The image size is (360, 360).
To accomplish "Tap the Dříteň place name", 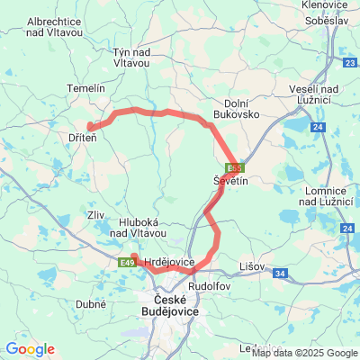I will pos(85,139).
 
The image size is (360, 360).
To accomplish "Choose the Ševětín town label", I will pos(230,181).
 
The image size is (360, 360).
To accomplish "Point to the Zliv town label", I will pos(95,216).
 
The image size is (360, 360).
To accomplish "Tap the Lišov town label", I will pos(253,266).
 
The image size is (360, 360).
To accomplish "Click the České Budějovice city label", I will pos(176,305).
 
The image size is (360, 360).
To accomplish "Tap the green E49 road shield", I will pos(127,262).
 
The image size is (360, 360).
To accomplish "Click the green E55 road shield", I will pos(235,166).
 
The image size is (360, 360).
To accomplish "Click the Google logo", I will pos(30,349).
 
